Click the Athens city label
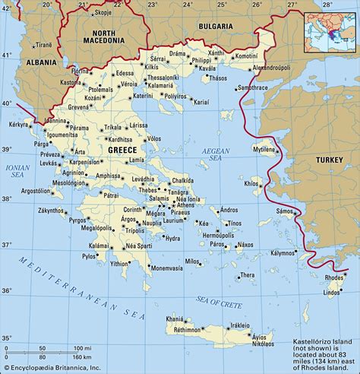(x=185, y=205)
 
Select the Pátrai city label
(x=111, y=195)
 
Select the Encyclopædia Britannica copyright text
(x=54, y=368)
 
